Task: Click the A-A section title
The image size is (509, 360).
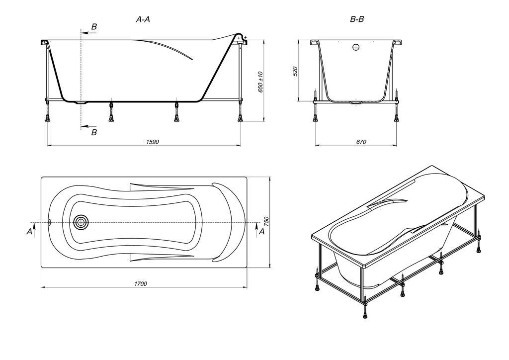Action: (143, 19)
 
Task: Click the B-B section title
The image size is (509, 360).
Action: (357, 19)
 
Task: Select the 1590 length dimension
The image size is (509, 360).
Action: (152, 142)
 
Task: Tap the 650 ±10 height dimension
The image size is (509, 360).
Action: (260, 83)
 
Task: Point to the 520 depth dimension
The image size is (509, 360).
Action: (295, 72)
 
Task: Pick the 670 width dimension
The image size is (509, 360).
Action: (361, 142)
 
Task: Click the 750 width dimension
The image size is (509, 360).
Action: (267, 222)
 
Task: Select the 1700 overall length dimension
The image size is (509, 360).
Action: (141, 284)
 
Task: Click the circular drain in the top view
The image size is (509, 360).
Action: (80, 222)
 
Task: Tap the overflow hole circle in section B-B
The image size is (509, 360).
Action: (356, 47)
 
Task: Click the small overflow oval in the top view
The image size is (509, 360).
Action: (49, 222)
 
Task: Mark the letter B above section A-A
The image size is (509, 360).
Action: (94, 27)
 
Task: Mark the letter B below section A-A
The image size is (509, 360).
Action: (94, 132)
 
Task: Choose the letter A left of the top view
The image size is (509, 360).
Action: (29, 231)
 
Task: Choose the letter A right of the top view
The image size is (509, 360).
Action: (261, 231)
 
